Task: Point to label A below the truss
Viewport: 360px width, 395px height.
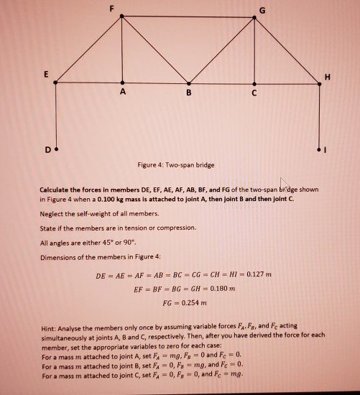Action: tap(122, 93)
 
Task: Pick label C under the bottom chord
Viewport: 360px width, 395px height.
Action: tap(256, 93)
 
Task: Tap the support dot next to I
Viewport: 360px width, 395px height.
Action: tap(320, 151)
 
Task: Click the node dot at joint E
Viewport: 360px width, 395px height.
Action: tap(55, 84)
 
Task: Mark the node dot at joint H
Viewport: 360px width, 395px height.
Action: tap(320, 84)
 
